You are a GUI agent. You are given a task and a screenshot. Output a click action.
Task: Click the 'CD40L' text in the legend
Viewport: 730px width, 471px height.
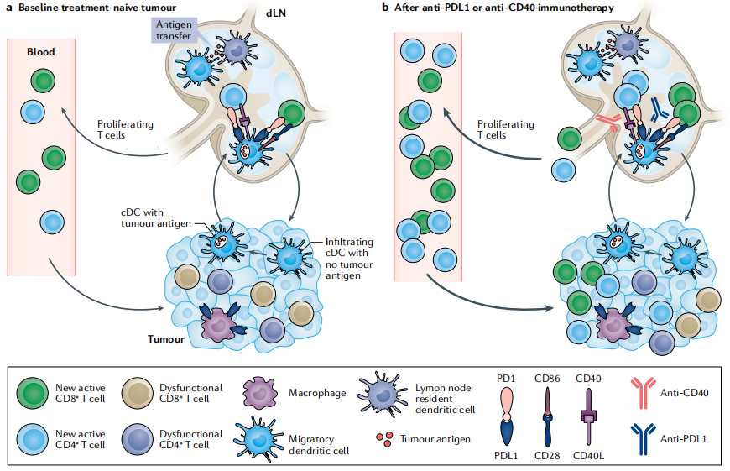click(590, 456)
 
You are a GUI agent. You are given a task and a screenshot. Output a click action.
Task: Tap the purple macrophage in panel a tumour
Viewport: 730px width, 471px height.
click(219, 322)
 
